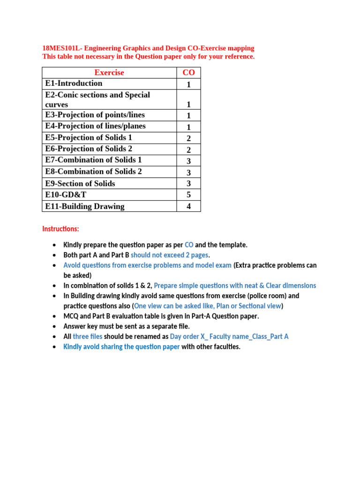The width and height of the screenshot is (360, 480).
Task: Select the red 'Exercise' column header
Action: (x=109, y=72)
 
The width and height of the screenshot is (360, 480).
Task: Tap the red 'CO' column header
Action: (x=188, y=72)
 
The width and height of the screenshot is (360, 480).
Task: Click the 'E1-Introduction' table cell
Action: (x=74, y=83)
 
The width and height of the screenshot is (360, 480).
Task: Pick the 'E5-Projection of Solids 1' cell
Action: (x=89, y=137)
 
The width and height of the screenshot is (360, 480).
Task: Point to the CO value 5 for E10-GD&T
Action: (x=188, y=195)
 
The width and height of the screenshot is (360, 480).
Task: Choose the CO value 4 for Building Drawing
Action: (x=188, y=206)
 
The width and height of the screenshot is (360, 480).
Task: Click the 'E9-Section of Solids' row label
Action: (x=80, y=183)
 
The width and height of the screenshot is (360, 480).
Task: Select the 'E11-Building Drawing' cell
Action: (x=85, y=206)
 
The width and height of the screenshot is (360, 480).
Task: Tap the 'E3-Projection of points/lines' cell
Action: (x=95, y=115)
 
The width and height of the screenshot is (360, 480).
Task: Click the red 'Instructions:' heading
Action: (x=61, y=229)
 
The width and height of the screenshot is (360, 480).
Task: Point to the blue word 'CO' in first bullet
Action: (x=189, y=245)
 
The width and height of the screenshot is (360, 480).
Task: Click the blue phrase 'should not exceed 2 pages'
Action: (x=170, y=255)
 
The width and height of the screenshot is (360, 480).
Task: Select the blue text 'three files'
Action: (x=88, y=337)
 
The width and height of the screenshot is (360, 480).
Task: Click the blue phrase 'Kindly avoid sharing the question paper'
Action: (x=121, y=347)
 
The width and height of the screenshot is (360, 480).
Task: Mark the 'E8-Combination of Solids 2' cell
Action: (x=93, y=172)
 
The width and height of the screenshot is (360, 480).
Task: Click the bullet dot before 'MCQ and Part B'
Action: (x=55, y=316)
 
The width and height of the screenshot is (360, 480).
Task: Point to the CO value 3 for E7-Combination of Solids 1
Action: (x=188, y=160)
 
